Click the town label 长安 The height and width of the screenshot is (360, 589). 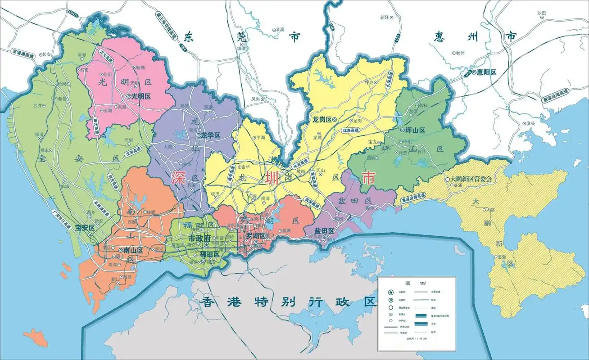47,54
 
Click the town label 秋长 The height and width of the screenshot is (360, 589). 460,53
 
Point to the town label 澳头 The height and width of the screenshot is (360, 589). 530,123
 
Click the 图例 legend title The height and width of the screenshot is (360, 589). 415,284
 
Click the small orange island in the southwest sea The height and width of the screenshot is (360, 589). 36,337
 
